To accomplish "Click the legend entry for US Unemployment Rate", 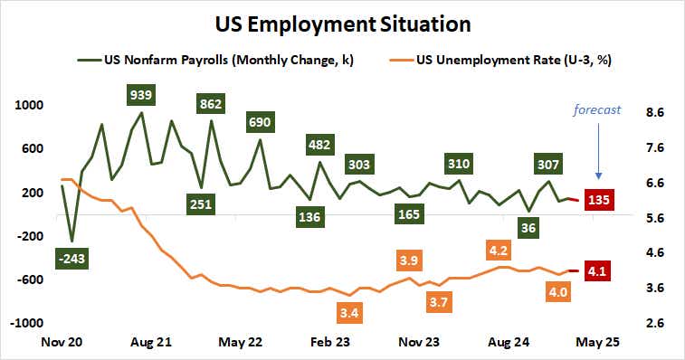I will click(515, 61).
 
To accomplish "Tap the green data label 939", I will click(140, 93).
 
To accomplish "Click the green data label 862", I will click(210, 104).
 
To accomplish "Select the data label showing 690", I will click(261, 122).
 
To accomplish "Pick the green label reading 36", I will click(528, 228).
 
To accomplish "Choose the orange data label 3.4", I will click(347, 313).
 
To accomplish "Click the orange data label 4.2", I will click(497, 249).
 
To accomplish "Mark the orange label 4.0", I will click(558, 291).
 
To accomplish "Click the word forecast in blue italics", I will click(596, 110).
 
